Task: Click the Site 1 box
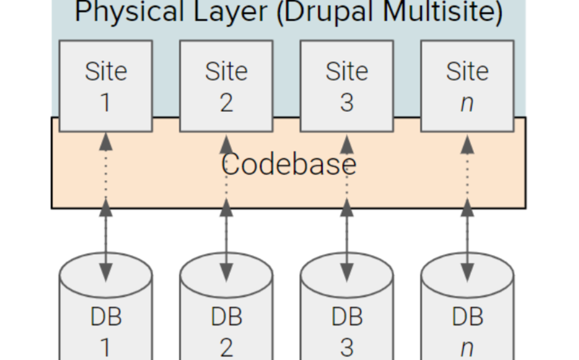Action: coord(105,85)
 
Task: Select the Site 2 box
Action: coord(226,85)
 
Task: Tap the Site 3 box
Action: coord(347,85)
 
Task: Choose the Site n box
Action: coord(467,85)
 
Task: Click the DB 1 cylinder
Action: coord(105,318)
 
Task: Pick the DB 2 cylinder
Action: coord(226,318)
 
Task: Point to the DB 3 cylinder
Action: coord(347,318)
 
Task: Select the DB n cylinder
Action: coord(467,318)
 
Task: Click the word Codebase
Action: coord(289,164)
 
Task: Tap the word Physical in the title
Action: coord(128,12)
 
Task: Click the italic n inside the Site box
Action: coord(467,103)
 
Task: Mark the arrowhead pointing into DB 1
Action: coord(105,272)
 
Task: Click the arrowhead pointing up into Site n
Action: coord(467,144)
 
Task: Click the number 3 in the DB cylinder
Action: coord(347,347)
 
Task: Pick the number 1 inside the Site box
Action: coord(105,102)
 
